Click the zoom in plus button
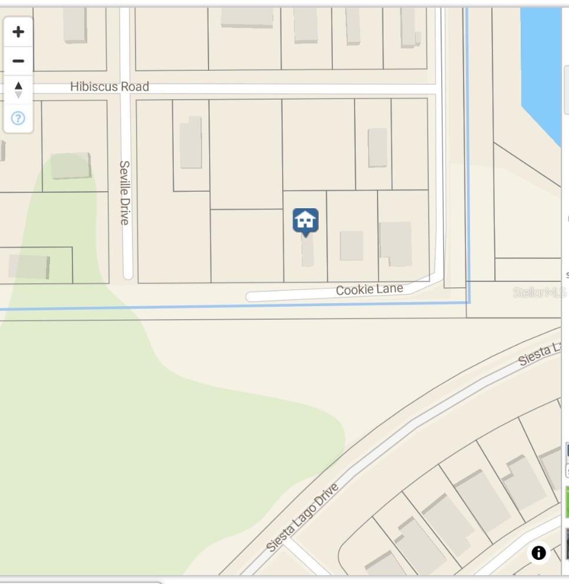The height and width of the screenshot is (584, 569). click(18, 32)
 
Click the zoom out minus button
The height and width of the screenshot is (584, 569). click(18, 61)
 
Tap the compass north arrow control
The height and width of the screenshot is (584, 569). click(18, 90)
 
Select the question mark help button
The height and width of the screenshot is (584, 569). click(18, 119)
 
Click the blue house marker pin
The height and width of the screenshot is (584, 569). click(305, 221)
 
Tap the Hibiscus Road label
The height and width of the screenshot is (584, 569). click(110, 87)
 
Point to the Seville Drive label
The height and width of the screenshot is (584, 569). click(124, 192)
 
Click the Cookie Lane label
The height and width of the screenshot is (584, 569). click(369, 290)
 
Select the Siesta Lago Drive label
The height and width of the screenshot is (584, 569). click(303, 517)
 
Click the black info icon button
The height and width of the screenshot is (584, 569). click(538, 553)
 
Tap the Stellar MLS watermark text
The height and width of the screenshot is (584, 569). click(538, 292)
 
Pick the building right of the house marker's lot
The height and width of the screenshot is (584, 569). click(351, 245)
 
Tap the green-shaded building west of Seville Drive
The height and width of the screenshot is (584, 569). click(71, 166)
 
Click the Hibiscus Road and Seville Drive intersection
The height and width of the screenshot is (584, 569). click(125, 87)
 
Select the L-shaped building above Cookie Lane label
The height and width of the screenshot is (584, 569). click(396, 243)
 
